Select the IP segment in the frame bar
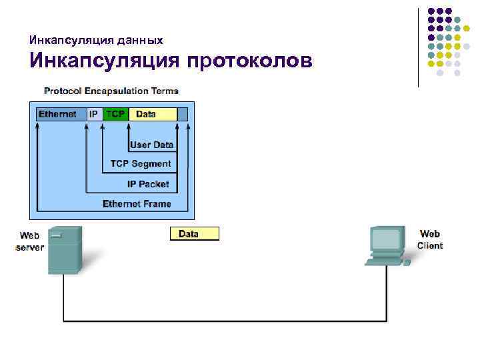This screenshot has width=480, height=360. coord(93,114)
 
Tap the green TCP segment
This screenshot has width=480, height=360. coord(115,114)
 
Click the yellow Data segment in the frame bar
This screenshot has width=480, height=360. coord(152,114)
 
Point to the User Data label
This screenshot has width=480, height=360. coord(151,145)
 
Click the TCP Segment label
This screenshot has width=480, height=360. coord(141,164)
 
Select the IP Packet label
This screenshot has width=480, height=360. coord(148,184)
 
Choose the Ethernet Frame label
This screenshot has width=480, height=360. coord(137,204)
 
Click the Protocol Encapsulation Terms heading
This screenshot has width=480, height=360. coord(111,91)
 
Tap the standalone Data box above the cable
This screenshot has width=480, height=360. coord(194,234)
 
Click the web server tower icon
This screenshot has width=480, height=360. coord(65,250)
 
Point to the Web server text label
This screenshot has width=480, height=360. coord(29,241)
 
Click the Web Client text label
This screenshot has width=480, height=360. coord(430,239)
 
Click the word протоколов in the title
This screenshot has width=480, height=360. coord(250,61)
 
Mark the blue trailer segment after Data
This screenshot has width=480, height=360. coord(183,114)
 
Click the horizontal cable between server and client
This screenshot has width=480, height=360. coord(227,321)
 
